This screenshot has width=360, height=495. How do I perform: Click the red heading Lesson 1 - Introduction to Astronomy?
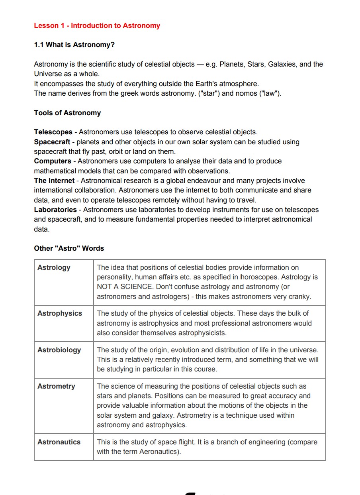[x=97, y=26]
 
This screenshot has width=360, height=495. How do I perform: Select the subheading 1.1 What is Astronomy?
[x=74, y=45]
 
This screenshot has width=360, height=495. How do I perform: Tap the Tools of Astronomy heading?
[x=67, y=113]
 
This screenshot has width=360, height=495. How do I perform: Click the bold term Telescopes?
[x=53, y=132]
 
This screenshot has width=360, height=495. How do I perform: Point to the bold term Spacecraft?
[x=52, y=142]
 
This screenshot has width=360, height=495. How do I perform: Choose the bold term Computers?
[x=53, y=161]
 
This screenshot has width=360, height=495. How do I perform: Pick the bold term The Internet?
[x=54, y=181]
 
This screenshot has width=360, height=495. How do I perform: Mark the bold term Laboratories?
[x=55, y=210]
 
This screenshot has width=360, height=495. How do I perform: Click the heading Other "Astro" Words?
[x=69, y=248]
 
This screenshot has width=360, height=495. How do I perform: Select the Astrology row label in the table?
[x=54, y=267]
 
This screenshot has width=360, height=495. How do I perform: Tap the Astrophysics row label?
[x=60, y=313]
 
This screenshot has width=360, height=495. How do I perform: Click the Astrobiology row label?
[x=59, y=350]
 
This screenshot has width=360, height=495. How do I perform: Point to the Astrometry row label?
[x=56, y=386]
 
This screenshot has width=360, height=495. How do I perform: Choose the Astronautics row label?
[x=59, y=442]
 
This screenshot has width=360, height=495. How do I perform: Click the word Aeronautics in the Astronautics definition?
[x=159, y=452]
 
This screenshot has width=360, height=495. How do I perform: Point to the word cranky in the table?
[x=300, y=297]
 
